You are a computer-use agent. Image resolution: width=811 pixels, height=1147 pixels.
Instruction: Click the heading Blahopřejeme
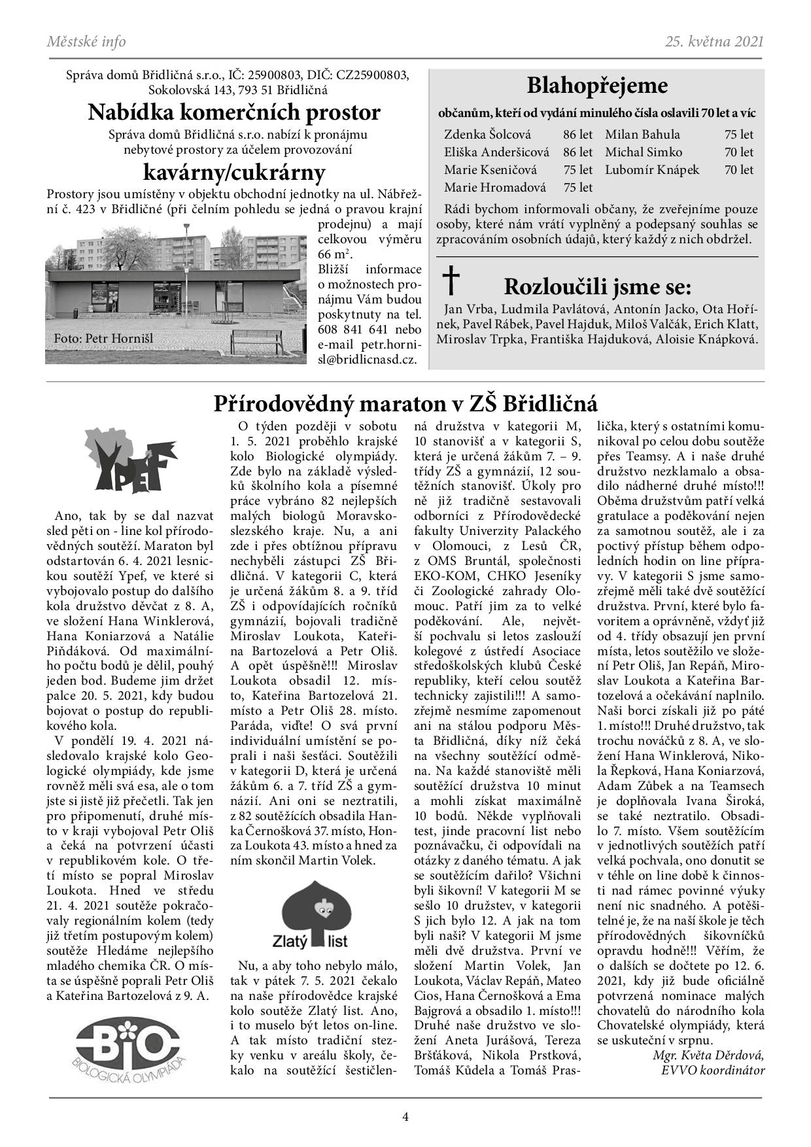click(x=597, y=86)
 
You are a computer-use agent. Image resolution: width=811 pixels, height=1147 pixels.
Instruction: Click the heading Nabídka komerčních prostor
click(x=234, y=112)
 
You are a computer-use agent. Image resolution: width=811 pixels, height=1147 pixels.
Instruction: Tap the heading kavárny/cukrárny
click(x=234, y=173)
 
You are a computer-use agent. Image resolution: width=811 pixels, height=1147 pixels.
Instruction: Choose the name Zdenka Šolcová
click(x=487, y=135)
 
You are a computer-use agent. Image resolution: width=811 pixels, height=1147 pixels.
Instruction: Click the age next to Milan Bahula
click(x=738, y=135)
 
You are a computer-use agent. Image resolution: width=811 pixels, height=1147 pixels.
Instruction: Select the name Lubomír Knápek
click(x=651, y=170)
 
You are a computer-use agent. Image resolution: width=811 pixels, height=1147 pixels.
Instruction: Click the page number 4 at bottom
click(x=405, y=1116)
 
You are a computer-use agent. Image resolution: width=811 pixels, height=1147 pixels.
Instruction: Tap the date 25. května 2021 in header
click(x=714, y=42)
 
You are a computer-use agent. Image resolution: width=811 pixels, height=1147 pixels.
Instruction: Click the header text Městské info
click(x=86, y=42)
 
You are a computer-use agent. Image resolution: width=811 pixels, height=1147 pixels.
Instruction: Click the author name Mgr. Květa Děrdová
click(x=708, y=1055)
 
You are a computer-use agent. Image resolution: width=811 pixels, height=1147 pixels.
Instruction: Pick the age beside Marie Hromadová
click(x=578, y=188)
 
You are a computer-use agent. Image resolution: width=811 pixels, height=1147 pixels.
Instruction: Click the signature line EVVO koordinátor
click(x=712, y=1070)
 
